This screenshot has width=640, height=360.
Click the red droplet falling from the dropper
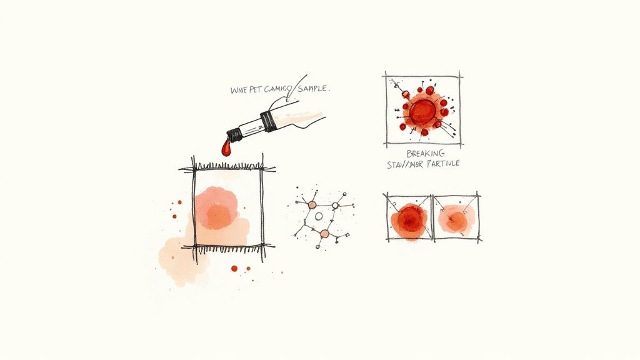[226, 148]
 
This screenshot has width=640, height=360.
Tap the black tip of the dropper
[234, 133]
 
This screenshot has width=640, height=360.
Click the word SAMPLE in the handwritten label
[309, 89]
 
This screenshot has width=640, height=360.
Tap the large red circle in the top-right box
[423, 112]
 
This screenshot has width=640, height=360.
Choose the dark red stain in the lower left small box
[409, 218]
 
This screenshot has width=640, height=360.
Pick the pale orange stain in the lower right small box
[456, 220]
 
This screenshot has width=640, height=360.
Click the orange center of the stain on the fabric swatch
[218, 216]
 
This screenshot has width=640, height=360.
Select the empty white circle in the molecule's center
[319, 216]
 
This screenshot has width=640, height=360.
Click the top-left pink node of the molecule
[311, 204]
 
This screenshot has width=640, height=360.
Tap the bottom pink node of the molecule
[324, 234]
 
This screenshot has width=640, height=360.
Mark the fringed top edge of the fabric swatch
[227, 167]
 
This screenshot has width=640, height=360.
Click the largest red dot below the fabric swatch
[234, 268]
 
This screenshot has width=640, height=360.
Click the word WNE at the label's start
[239, 90]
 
